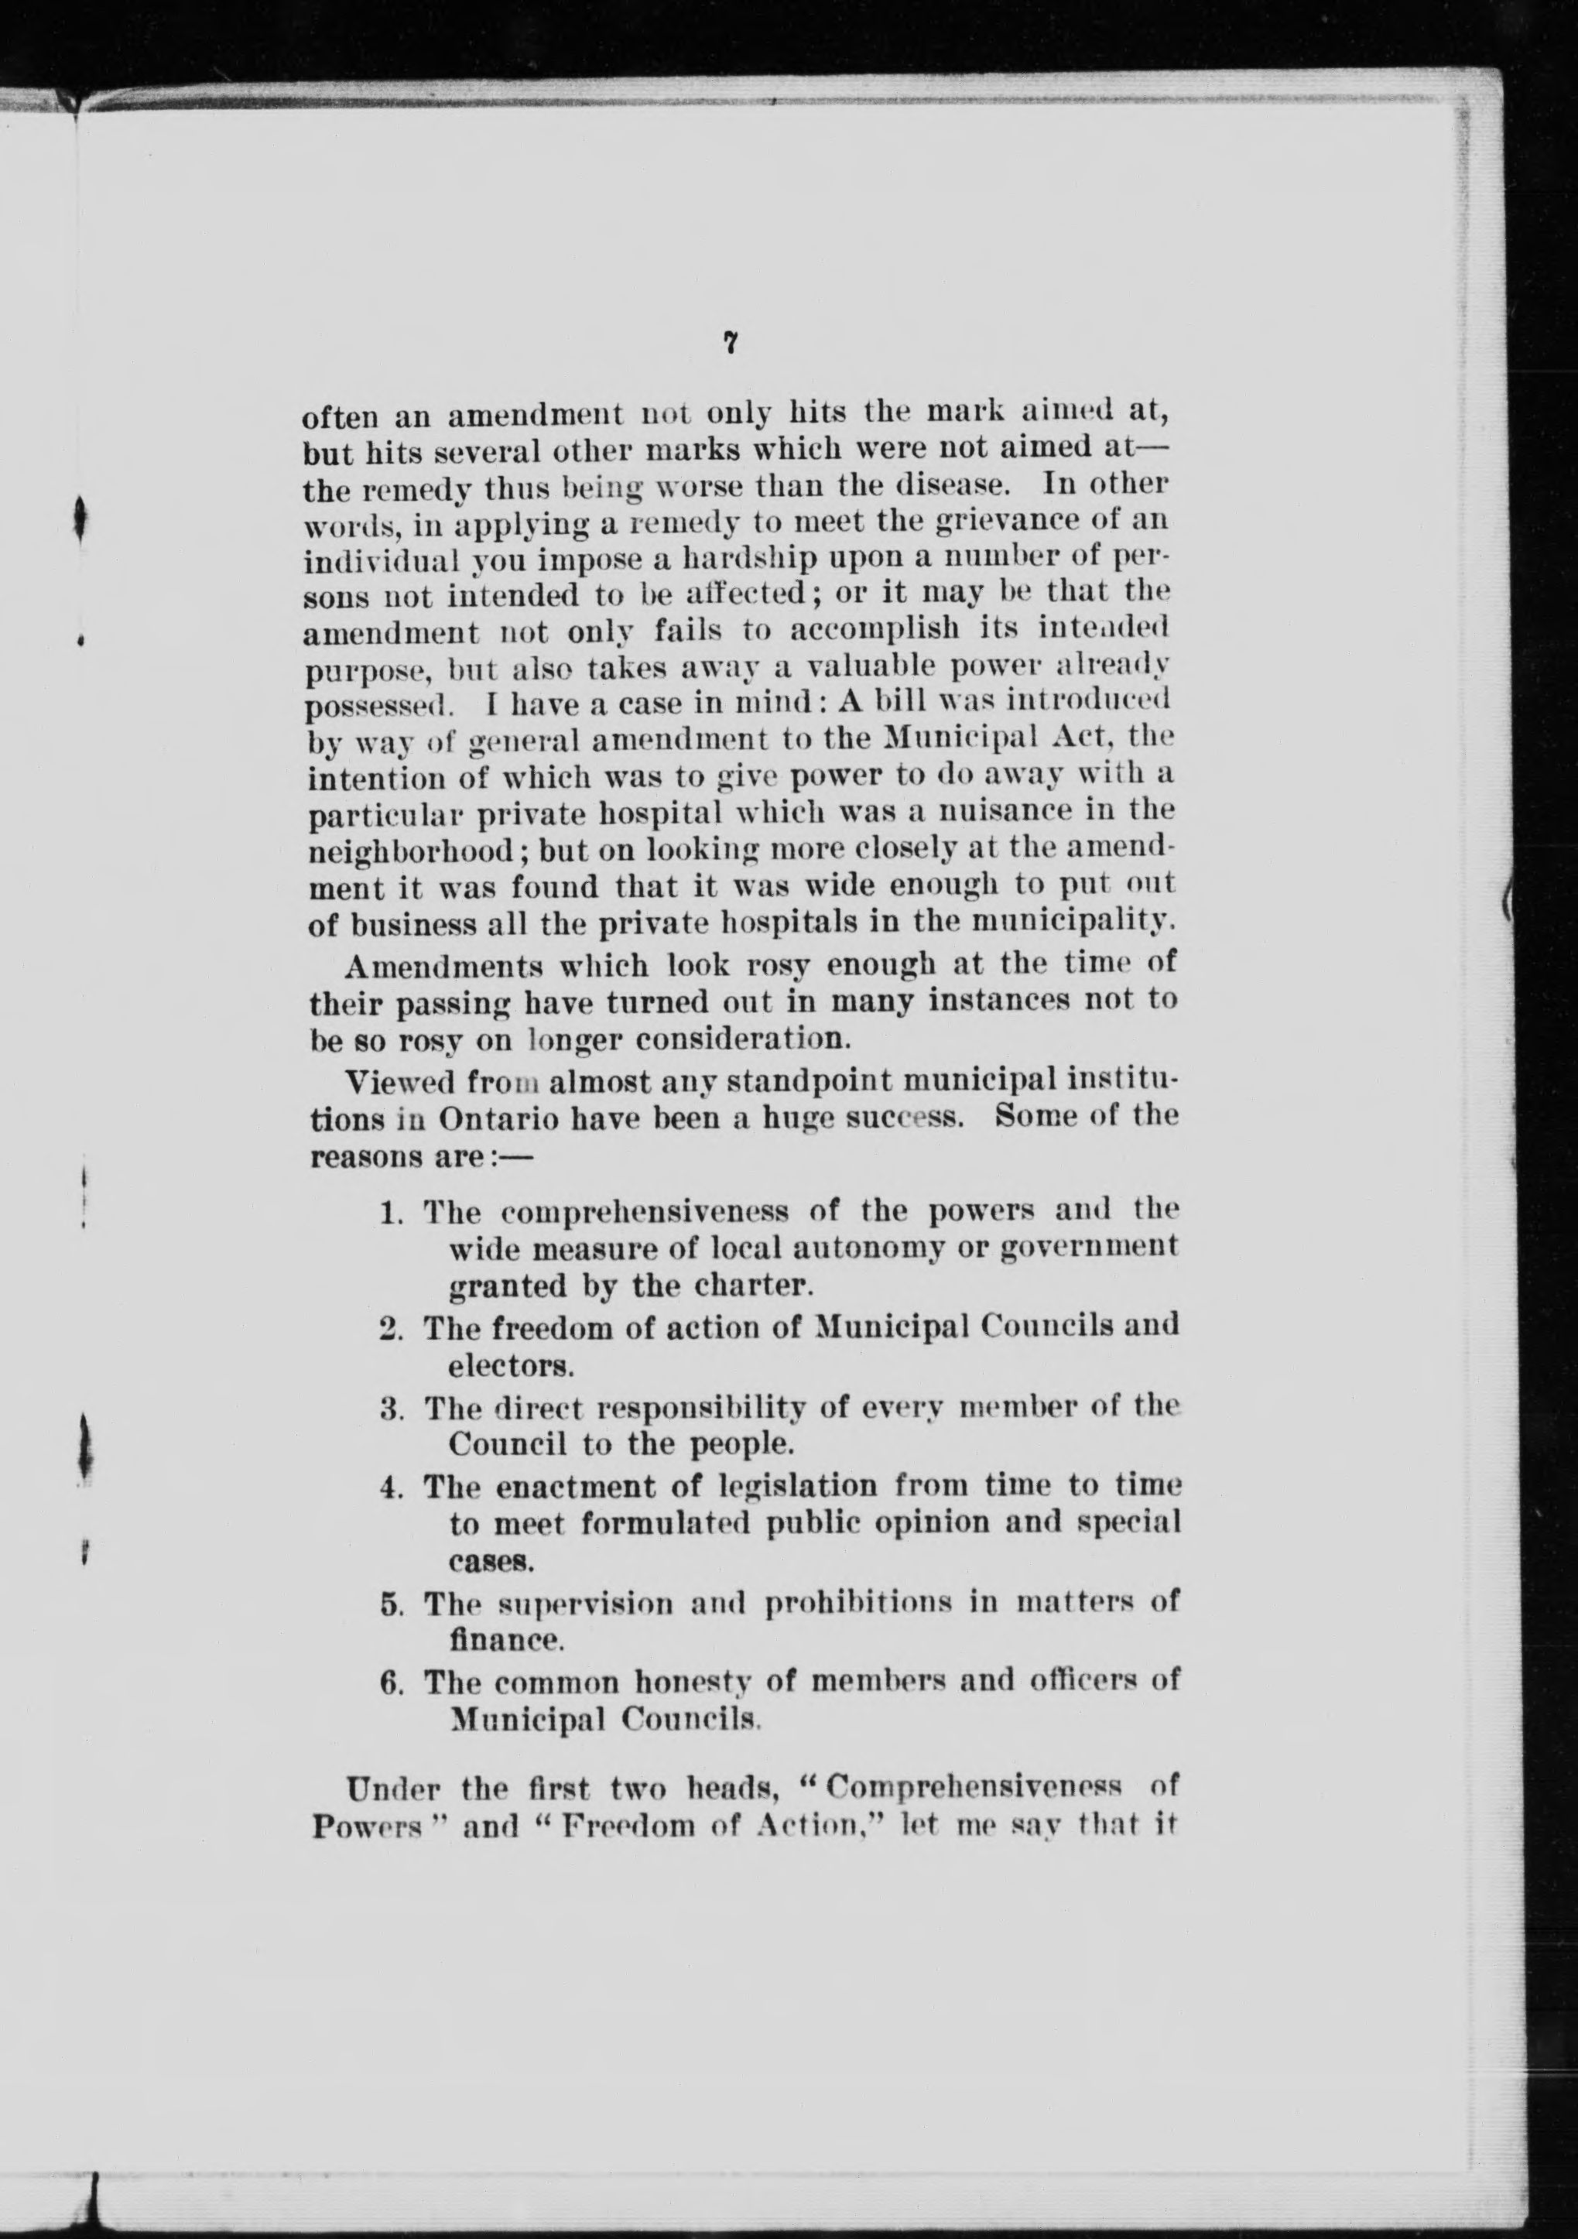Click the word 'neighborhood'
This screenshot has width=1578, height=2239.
click(x=419, y=851)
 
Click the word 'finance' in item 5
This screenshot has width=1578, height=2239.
click(x=505, y=1640)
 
